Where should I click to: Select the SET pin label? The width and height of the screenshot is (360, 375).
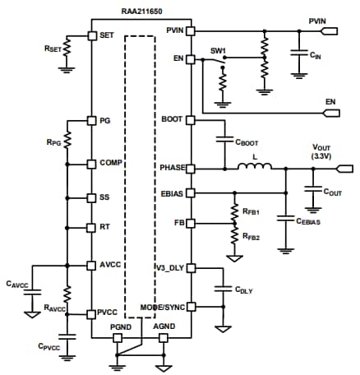[x=106, y=35]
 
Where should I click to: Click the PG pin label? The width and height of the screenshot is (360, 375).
[x=104, y=120]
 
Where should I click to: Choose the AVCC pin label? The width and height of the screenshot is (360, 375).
[x=110, y=265]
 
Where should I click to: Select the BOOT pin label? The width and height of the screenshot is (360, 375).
[x=173, y=119]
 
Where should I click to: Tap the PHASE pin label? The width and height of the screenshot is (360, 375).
[x=170, y=168]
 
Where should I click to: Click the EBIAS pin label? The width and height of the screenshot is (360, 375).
[x=171, y=194]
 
